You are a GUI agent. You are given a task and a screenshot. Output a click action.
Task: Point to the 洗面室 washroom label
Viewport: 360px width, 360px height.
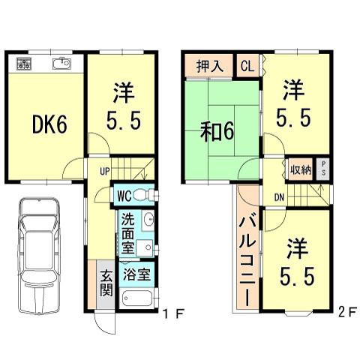pyautogui.click(x=128, y=233)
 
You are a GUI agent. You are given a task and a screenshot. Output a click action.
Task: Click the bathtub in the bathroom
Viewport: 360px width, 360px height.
pyautogui.click(x=136, y=300)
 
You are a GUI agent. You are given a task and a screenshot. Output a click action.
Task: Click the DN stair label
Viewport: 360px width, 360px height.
pyautogui.click(x=277, y=197)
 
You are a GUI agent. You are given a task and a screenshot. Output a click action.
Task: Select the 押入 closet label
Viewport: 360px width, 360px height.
pyautogui.click(x=210, y=66)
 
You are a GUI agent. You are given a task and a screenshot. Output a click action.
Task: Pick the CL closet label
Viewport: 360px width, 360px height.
pyautogui.click(x=247, y=66)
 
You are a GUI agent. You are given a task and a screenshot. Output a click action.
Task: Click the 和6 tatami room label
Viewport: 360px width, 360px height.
pyautogui.click(x=217, y=131)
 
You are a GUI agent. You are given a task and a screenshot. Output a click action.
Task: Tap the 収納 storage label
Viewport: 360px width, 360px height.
pyautogui.click(x=301, y=168)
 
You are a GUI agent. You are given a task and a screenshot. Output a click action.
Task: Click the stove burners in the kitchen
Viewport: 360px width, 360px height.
pyautogui.click(x=22, y=65)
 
